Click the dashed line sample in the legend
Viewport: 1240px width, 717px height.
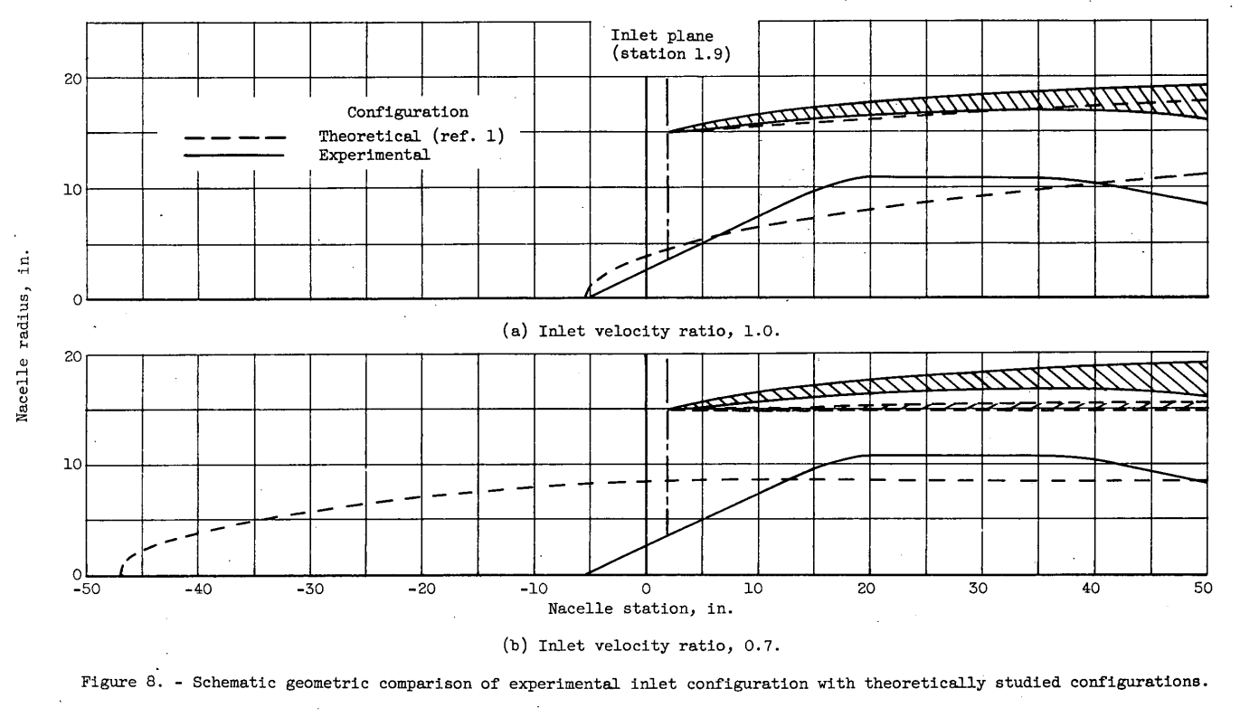(234, 138)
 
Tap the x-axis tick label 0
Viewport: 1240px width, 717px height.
(646, 590)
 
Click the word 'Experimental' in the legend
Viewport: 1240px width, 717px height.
(374, 155)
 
